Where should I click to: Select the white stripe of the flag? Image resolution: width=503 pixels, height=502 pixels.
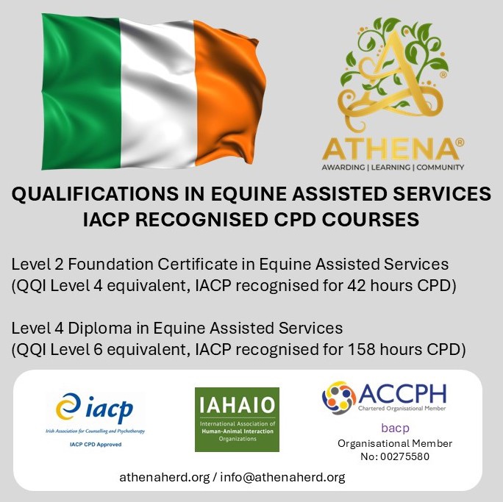click(158, 93)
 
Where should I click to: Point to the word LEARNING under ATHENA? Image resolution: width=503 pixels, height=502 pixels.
click(390, 168)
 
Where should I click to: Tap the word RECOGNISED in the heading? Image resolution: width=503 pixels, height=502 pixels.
click(201, 220)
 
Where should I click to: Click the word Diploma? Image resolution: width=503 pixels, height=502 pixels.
click(100, 329)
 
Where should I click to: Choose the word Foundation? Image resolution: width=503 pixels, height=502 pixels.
click(110, 265)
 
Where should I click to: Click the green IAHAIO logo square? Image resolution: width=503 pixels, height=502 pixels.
click(237, 420)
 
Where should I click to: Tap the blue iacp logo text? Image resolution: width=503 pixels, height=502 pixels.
click(109, 409)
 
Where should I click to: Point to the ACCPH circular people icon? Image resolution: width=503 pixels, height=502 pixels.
click(339, 398)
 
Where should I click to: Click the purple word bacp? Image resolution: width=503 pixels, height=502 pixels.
click(395, 429)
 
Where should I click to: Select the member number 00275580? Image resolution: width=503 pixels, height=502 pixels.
click(405, 456)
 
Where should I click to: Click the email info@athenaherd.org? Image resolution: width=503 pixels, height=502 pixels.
click(282, 477)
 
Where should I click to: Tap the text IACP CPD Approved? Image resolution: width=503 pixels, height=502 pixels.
click(96, 445)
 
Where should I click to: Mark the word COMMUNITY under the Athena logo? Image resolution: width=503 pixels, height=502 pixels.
click(440, 168)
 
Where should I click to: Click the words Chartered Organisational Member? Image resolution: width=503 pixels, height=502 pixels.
click(402, 409)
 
